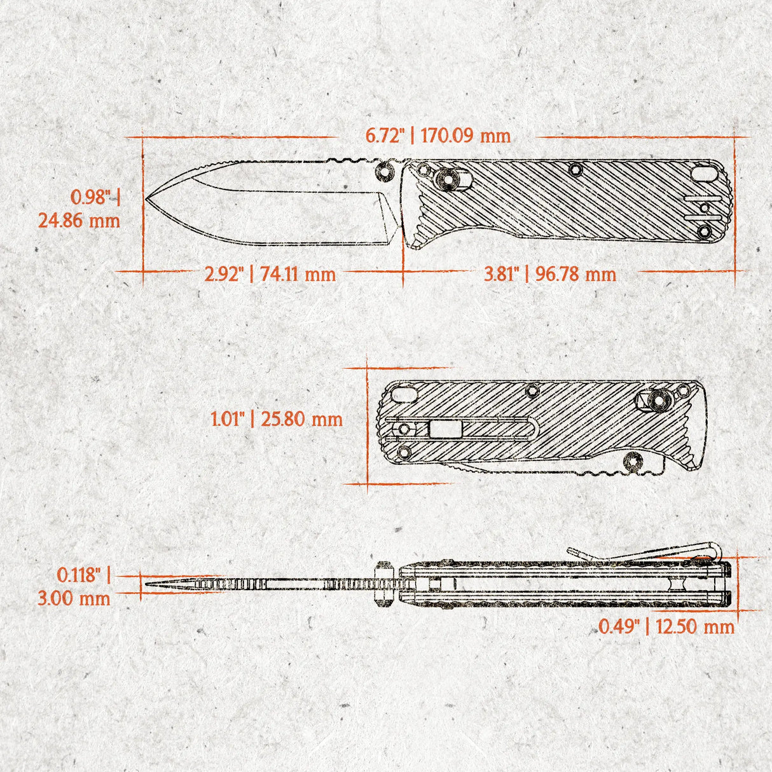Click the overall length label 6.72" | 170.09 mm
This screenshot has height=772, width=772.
click(x=438, y=135)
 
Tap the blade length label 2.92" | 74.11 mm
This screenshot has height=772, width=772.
click(x=270, y=274)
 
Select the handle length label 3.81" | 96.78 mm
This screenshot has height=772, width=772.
click(x=550, y=274)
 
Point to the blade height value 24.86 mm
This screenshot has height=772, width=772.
click(x=79, y=221)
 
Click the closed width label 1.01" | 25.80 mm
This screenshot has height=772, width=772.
click(x=277, y=419)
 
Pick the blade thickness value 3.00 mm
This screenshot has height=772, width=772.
click(x=83, y=598)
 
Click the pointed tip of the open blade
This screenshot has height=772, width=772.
click(x=147, y=198)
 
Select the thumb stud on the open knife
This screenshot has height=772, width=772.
click(x=383, y=170)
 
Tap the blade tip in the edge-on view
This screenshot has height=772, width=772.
click(x=147, y=583)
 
